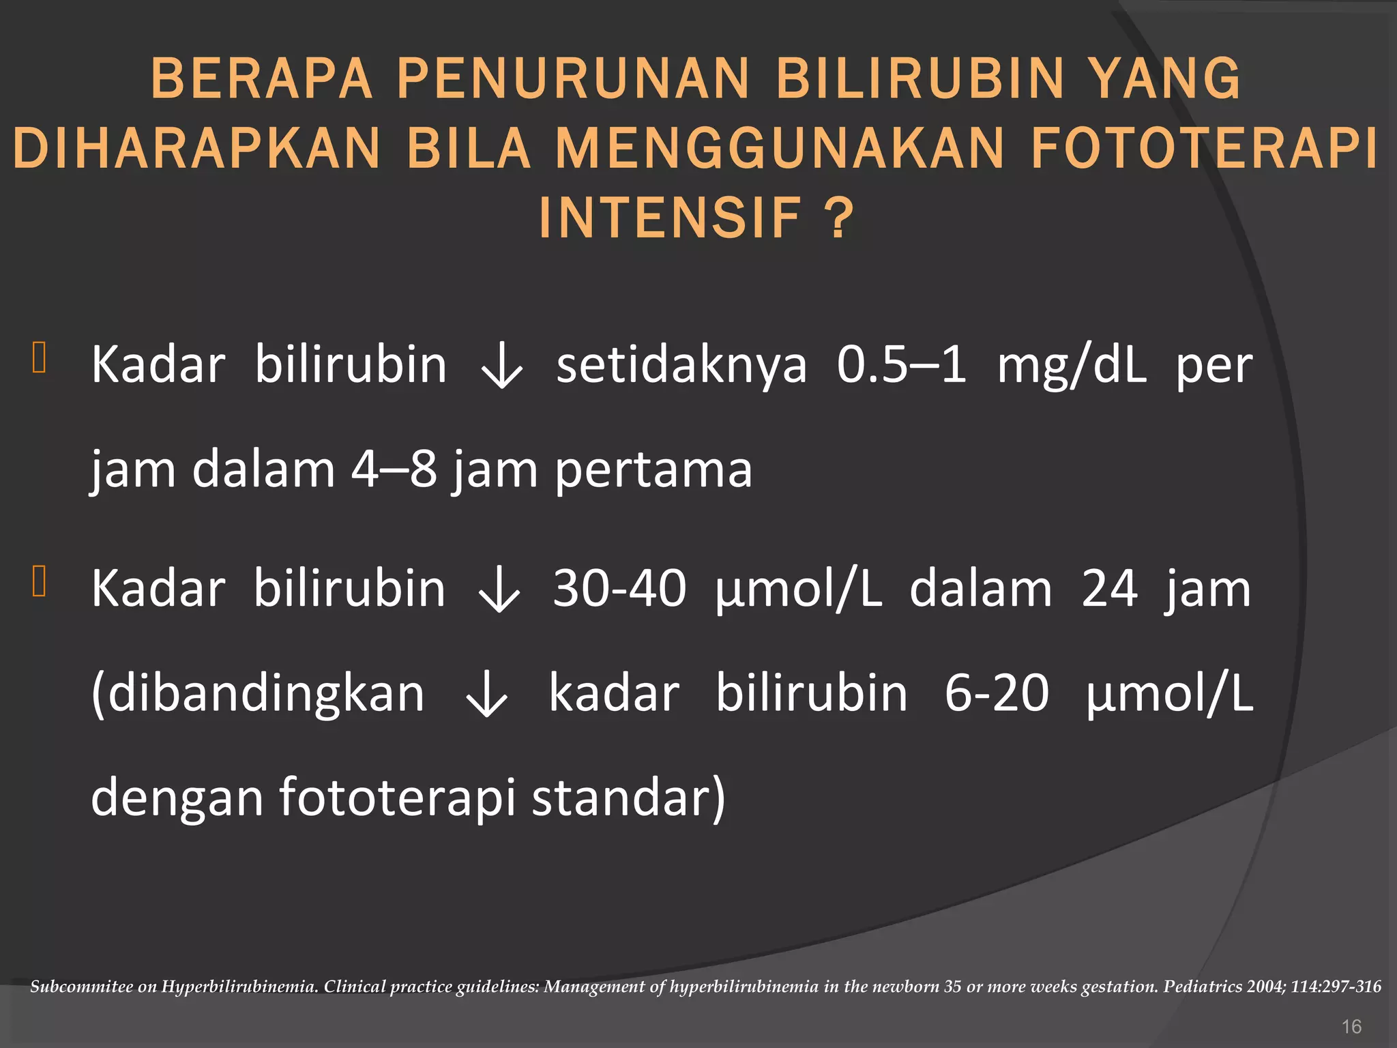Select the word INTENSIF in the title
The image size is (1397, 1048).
(670, 218)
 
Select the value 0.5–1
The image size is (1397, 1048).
(901, 365)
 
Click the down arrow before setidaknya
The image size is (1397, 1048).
(501, 369)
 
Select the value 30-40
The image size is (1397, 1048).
(619, 588)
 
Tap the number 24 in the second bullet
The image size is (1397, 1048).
(1109, 588)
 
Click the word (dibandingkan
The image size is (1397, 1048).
(258, 695)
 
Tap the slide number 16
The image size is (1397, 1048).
(1351, 1026)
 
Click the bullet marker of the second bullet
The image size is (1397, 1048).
(39, 581)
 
